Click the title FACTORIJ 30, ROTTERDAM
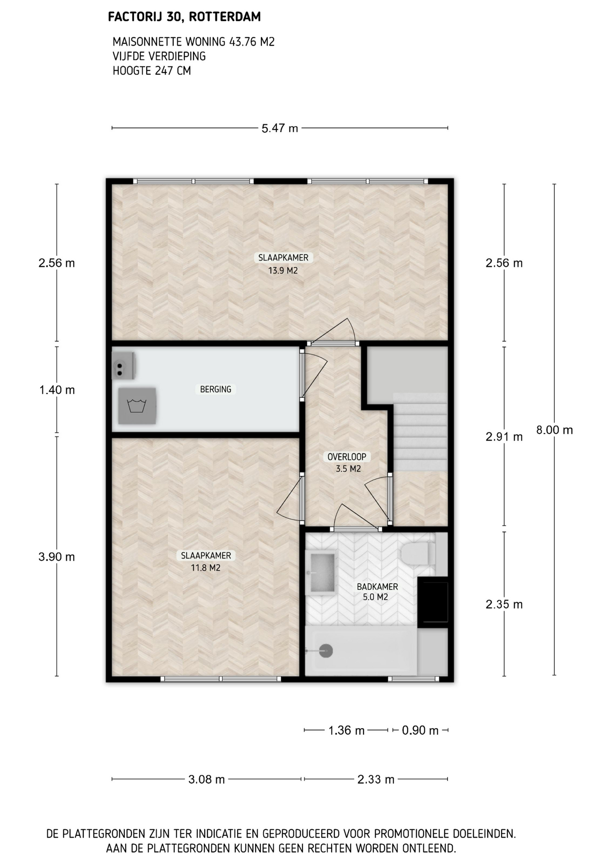[184, 17]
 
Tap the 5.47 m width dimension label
[280, 128]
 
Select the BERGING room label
[216, 389]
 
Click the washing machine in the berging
[137, 406]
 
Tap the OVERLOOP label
[347, 457]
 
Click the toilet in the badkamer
[418, 553]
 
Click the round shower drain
[326, 651]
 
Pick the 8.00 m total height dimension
[554, 430]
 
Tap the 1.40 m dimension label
[57, 390]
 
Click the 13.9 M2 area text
[283, 271]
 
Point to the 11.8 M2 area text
[206, 568]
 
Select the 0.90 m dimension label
[420, 730]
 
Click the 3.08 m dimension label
[207, 779]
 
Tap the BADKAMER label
[377, 587]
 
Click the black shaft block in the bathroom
[433, 602]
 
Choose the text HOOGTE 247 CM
[152, 71]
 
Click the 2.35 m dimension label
[504, 604]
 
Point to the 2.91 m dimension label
[504, 437]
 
